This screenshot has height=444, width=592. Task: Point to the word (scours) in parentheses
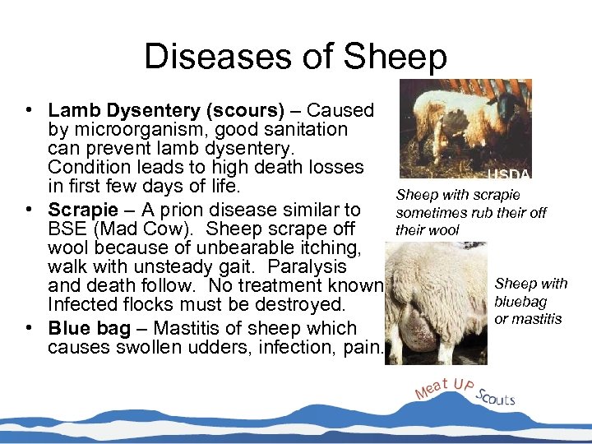tap(247, 110)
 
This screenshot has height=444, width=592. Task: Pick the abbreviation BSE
tap(65, 229)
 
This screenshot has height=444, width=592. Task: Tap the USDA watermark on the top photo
tap(510, 174)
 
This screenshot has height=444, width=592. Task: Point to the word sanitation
tap(305, 129)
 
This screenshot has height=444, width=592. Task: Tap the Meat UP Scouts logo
tap(465, 392)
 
